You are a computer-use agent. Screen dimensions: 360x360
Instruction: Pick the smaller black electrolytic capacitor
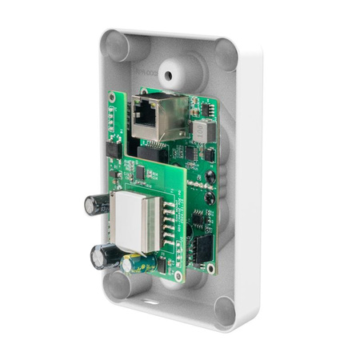(x=96, y=205)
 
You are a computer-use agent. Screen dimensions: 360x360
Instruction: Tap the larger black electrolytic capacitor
(x=104, y=256)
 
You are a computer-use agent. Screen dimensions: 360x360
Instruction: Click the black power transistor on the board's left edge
(x=114, y=148)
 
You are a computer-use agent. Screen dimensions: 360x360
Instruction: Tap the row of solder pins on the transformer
(x=166, y=228)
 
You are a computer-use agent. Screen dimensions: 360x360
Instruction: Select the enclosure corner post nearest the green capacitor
(x=118, y=284)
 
